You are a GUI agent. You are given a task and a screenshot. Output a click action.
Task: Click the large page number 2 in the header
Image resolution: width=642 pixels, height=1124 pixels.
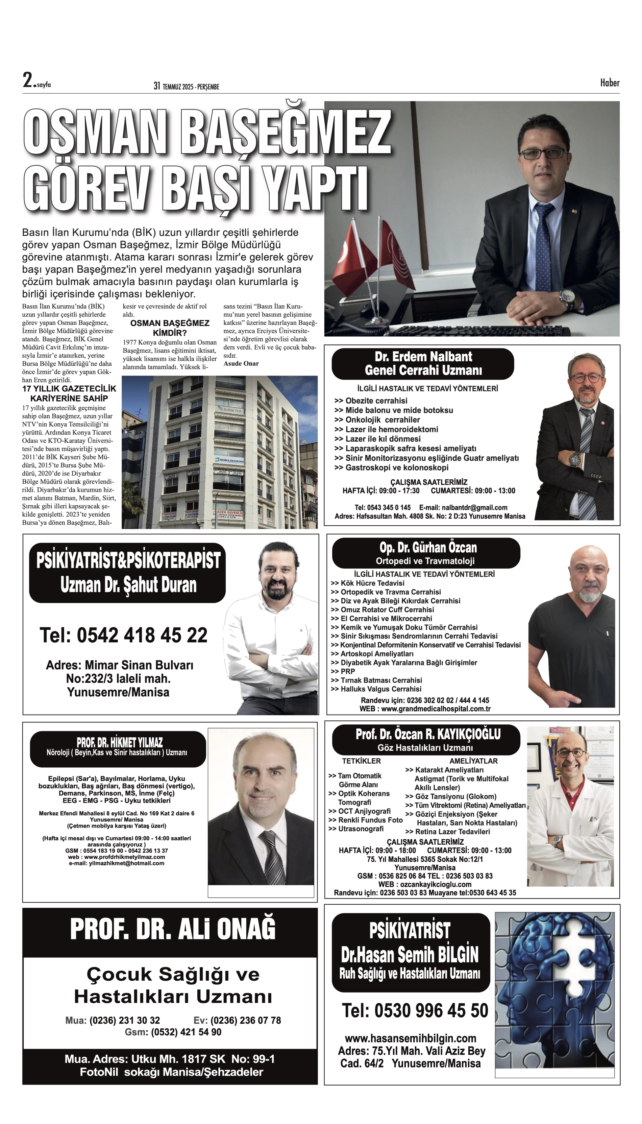[x=28, y=80]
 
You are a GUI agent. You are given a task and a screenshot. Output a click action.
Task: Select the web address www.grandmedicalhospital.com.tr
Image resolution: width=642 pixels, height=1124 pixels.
[x=435, y=709]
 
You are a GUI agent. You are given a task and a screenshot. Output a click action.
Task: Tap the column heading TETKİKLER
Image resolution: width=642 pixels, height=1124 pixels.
[x=361, y=761]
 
